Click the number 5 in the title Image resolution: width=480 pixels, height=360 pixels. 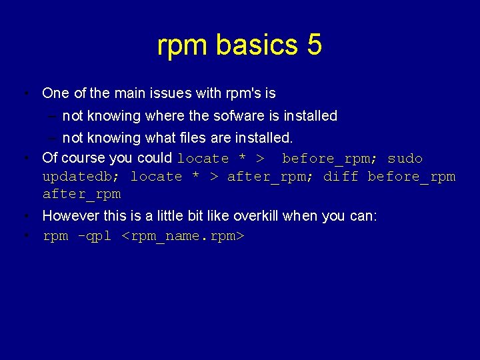(x=314, y=45)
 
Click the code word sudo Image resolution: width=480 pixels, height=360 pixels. (x=405, y=159)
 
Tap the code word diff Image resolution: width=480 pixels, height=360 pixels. (x=341, y=177)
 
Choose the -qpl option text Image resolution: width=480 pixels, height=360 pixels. (x=95, y=236)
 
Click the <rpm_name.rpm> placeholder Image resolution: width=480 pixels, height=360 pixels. (x=184, y=236)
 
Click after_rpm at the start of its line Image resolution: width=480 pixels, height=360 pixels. (x=81, y=194)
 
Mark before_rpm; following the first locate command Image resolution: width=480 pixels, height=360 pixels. (x=330, y=159)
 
